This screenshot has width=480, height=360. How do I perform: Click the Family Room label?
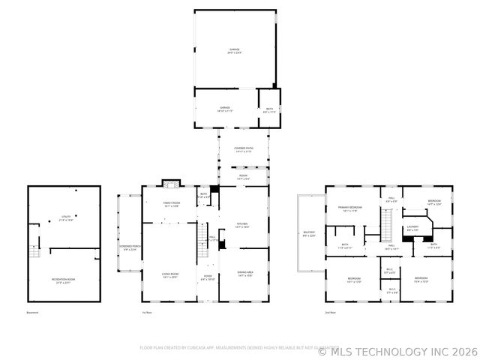[172, 203]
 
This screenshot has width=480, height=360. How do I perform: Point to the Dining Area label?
[244, 274]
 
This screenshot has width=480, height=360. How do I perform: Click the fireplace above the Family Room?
[172, 182]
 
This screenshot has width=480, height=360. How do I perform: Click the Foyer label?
[207, 276]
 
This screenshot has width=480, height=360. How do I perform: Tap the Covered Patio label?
[244, 148]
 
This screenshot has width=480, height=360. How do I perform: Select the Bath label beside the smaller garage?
[268, 109]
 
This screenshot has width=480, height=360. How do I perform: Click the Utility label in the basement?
[66, 218]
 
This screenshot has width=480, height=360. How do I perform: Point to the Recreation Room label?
[65, 260]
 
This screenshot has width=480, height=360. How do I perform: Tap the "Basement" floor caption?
[32, 312]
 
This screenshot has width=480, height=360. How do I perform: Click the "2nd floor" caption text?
[330, 312]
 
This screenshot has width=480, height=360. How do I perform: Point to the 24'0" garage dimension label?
[235, 52]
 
